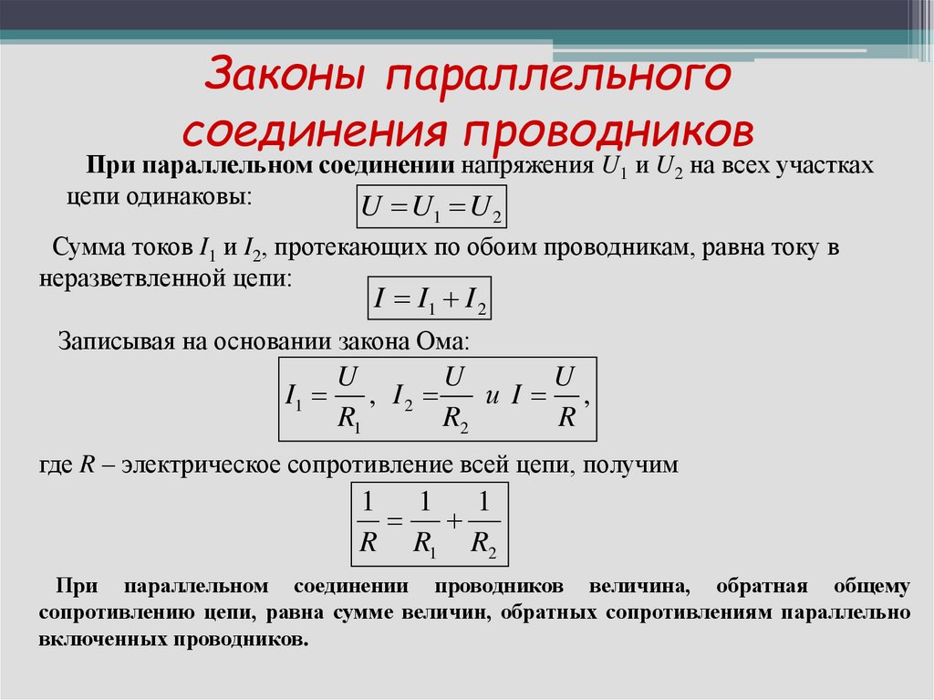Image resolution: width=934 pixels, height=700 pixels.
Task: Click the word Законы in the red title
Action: coord(285,74)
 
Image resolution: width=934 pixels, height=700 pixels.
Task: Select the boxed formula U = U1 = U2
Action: coord(431,206)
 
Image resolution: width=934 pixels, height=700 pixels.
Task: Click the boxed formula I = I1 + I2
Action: coord(430,298)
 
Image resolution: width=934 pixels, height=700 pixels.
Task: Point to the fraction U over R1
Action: coord(349,399)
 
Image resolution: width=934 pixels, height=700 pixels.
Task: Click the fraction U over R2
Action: coord(456,399)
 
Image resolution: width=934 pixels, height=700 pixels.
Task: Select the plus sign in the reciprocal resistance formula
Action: coord(454,522)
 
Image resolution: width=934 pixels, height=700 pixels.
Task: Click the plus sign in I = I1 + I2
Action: coord(451,299)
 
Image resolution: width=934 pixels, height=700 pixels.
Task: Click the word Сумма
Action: coord(88,246)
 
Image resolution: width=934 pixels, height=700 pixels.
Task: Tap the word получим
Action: coord(630,465)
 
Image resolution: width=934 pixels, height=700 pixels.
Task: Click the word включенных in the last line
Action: coord(102,640)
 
